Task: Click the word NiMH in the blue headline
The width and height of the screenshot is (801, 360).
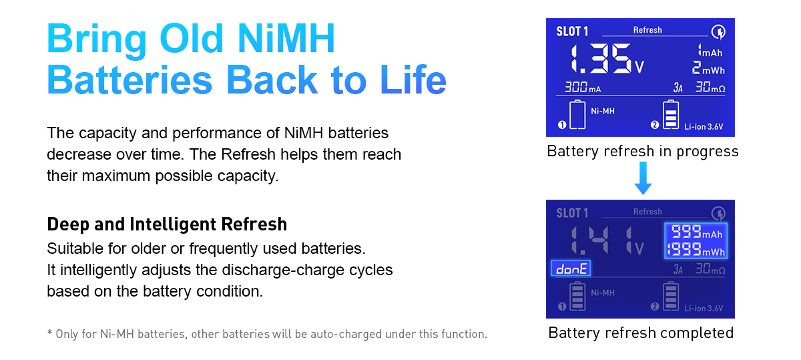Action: point(286,38)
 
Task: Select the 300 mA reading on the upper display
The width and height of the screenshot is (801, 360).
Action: point(583,87)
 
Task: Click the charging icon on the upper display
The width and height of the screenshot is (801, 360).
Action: point(718,32)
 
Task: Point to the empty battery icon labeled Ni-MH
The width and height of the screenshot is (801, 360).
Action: point(577,114)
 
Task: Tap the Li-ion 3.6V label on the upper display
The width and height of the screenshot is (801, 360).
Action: point(704,127)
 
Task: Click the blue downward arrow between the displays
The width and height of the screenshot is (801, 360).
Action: point(643,178)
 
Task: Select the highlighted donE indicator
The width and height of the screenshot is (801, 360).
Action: point(571,268)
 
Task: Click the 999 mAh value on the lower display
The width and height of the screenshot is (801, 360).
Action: point(697,232)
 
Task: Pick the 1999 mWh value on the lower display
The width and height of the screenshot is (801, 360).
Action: point(696,249)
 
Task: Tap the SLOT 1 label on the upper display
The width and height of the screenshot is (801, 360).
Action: point(572,31)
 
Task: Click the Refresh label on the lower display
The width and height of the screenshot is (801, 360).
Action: point(647,212)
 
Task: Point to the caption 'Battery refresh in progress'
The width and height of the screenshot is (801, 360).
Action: point(643,152)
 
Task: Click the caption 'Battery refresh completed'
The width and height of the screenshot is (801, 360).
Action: point(641,333)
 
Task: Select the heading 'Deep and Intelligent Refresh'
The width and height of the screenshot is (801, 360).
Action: point(167,224)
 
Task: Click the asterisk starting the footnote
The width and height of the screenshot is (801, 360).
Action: point(49,333)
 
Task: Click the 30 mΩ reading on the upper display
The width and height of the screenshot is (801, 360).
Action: point(710,87)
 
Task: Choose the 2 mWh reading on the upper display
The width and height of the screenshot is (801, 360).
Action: point(708,68)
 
